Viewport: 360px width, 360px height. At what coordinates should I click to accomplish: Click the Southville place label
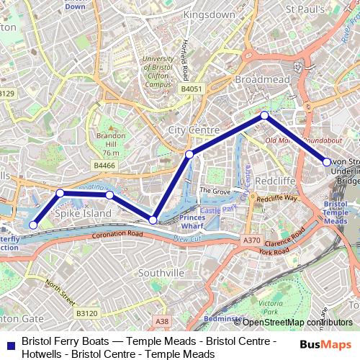pyautogui.click(x=161, y=273)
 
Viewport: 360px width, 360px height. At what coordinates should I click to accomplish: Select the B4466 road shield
pyautogui.click(x=104, y=166)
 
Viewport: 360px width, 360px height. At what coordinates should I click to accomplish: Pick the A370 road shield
pyautogui.click(x=251, y=240)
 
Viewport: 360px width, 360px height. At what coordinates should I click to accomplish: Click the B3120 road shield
pyautogui.click(x=86, y=313)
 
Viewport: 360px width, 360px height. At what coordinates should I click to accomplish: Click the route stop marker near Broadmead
pyautogui.click(x=264, y=115)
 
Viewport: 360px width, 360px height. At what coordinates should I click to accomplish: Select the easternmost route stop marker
pyautogui.click(x=327, y=162)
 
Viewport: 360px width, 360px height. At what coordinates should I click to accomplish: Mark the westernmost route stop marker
pyautogui.click(x=33, y=225)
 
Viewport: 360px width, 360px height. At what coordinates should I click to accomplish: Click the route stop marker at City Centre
pyautogui.click(x=189, y=154)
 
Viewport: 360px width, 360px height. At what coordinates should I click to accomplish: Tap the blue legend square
pyautogui.click(x=9, y=343)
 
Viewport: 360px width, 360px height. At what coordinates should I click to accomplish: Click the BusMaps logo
pyautogui.click(x=326, y=343)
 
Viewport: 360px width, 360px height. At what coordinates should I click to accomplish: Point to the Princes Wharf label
pyautogui.click(x=192, y=222)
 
